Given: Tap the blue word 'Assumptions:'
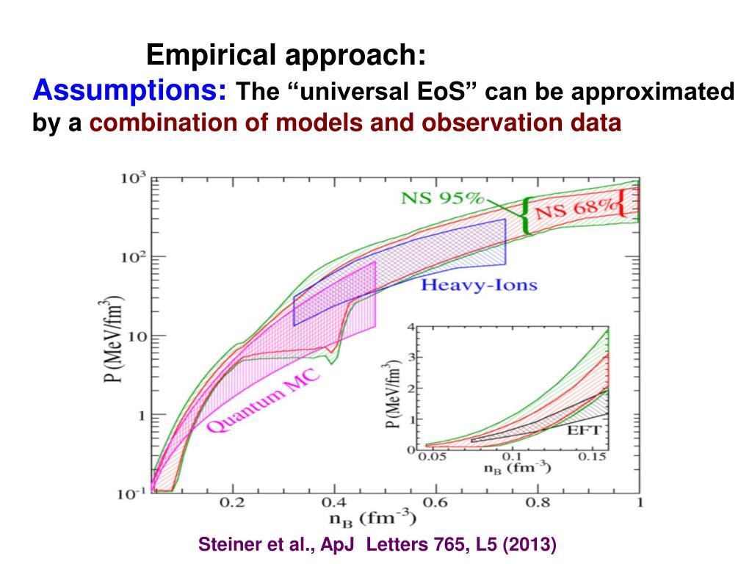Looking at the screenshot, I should tap(130, 91).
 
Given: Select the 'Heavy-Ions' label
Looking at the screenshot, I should tap(479, 285).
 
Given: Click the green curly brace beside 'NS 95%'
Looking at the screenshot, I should tap(526, 216).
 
